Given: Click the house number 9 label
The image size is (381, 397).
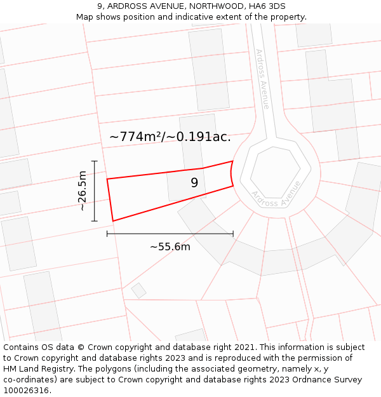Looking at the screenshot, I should click(x=194, y=183).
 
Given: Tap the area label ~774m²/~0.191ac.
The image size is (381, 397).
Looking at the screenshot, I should click(x=170, y=137).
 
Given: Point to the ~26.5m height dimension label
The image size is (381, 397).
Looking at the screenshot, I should click(x=83, y=191).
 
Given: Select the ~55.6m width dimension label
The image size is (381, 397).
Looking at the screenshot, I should click(x=170, y=247).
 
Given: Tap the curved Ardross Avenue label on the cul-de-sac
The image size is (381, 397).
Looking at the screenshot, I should click(x=276, y=194).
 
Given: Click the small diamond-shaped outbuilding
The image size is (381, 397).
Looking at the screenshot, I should click(x=138, y=291).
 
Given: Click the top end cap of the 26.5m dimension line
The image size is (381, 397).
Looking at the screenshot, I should click(x=95, y=161).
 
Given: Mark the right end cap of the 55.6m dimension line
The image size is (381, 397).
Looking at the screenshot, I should click(x=233, y=234).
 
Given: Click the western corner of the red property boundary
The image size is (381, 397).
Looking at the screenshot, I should click(x=107, y=179).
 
